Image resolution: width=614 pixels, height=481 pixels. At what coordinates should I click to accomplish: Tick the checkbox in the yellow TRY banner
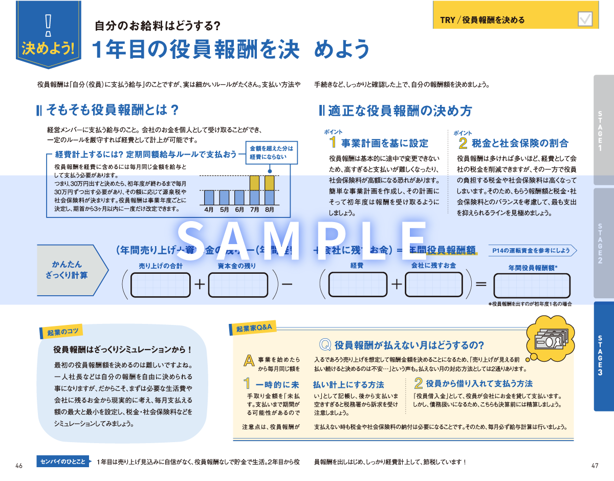point(584,19)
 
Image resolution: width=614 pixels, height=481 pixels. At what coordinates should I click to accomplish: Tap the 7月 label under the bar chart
point(254,209)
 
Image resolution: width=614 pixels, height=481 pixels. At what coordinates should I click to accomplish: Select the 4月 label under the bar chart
point(208,209)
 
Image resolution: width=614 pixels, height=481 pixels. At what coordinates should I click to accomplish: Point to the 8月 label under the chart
point(270,209)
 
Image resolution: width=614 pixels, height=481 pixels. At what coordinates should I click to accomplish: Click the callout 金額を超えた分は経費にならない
point(271,152)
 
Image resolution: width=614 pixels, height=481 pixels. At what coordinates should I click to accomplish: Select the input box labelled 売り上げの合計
point(161,285)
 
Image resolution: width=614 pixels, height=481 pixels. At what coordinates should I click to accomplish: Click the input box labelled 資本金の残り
point(236,285)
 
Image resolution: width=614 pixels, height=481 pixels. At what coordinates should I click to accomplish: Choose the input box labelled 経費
point(357,285)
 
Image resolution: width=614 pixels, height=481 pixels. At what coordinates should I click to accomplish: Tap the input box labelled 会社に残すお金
point(433,285)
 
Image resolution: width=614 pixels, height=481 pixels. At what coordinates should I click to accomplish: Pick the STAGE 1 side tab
point(600,130)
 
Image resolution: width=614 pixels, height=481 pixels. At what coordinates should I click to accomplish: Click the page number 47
point(594,466)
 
